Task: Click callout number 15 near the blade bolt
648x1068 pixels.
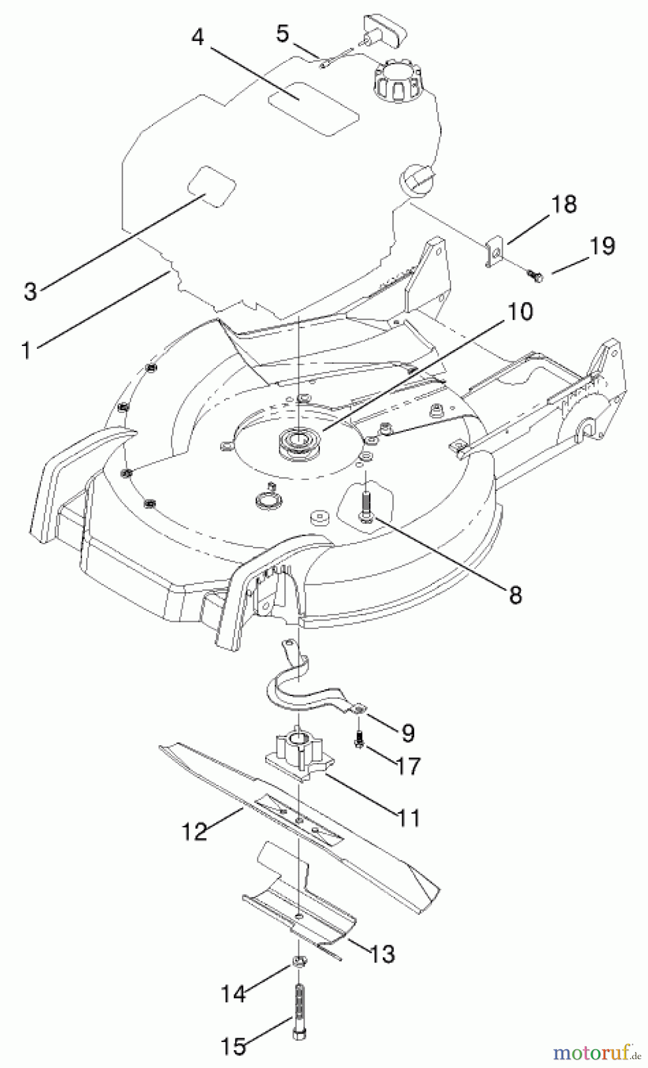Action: [233, 1046]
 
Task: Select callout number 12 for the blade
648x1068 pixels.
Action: [195, 831]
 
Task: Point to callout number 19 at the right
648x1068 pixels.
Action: [602, 246]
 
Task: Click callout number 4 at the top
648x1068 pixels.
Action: [198, 37]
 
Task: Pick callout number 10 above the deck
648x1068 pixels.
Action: [520, 311]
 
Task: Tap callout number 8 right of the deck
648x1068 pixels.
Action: [515, 595]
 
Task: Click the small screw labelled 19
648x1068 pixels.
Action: [533, 274]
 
